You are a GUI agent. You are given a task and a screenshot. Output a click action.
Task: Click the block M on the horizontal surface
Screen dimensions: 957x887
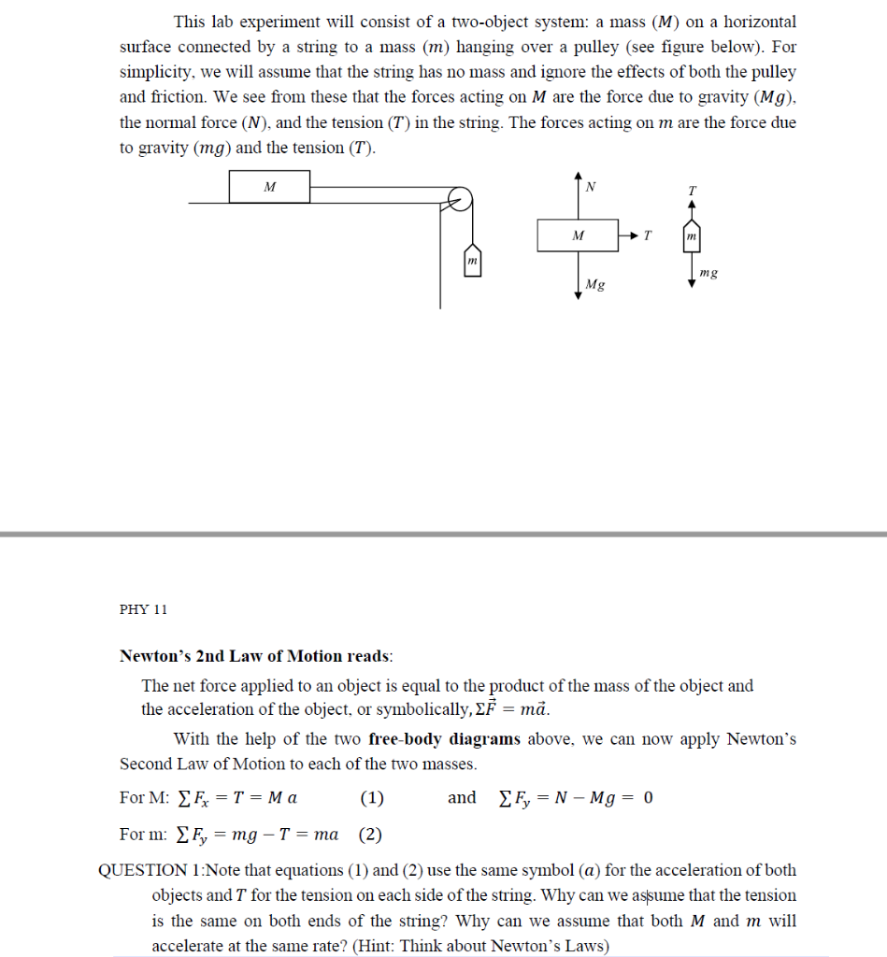point(269,187)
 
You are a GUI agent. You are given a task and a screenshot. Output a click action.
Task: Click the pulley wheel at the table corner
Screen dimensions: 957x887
point(457,200)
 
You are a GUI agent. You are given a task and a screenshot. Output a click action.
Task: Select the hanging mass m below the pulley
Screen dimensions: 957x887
point(473,260)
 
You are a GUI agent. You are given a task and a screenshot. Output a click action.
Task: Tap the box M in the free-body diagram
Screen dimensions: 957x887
point(577,236)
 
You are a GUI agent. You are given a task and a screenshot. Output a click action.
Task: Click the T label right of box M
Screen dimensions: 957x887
point(648,236)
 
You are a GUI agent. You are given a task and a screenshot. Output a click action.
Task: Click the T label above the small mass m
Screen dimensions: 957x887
point(692,191)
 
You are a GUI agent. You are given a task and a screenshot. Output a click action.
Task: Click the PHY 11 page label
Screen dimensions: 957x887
point(144,609)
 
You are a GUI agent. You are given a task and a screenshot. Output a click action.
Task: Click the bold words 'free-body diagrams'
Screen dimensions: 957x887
point(444,739)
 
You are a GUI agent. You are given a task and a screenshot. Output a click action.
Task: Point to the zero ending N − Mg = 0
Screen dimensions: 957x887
point(648,798)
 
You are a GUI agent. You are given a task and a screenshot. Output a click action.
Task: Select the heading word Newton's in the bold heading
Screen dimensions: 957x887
point(156,656)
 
